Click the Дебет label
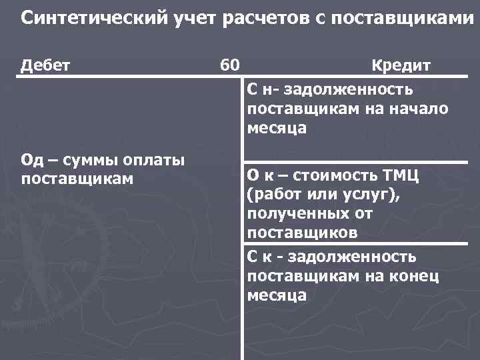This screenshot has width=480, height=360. tap(46, 65)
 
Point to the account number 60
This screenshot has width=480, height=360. tap(230, 65)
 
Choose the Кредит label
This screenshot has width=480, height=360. tap(401, 65)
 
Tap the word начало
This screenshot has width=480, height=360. tap(421, 108)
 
